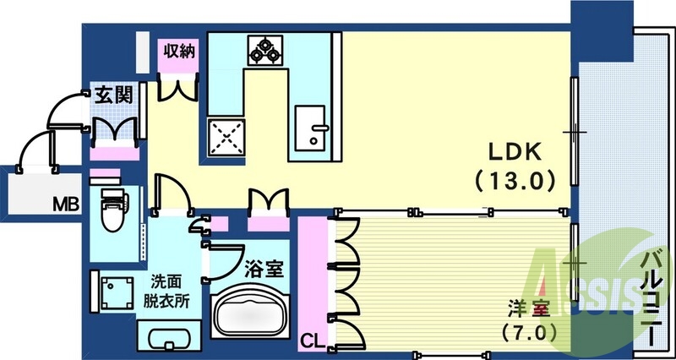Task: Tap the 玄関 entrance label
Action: click(112, 95)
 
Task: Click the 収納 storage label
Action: click(180, 51)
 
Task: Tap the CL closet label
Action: click(312, 341)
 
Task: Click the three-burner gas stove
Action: click(264, 50)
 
